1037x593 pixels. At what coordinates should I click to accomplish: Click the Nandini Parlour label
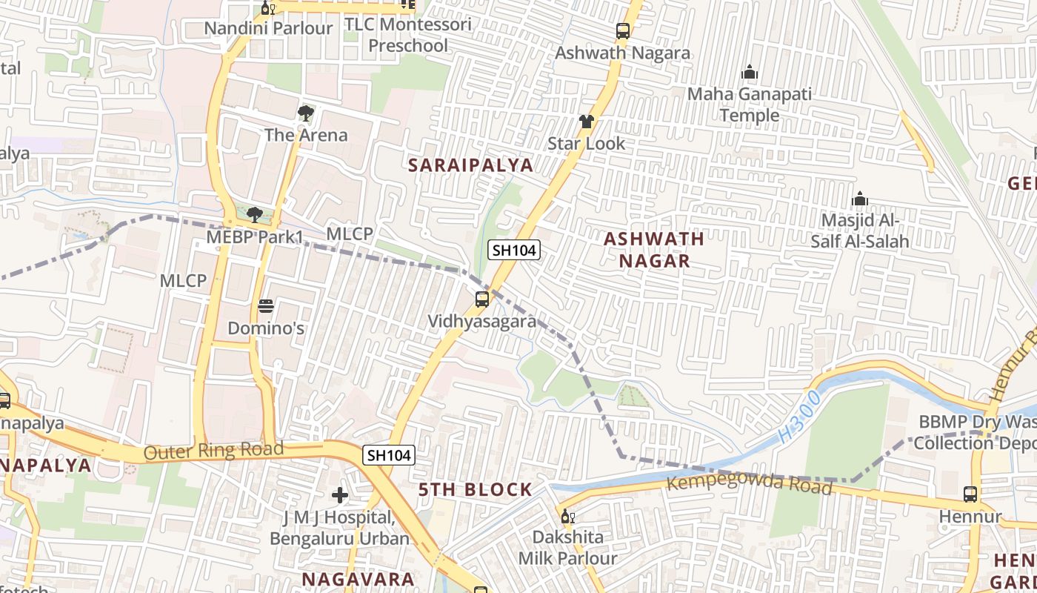point(268,29)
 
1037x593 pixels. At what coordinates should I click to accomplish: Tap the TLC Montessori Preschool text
point(408,35)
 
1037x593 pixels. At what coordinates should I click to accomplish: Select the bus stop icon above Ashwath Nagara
point(623,31)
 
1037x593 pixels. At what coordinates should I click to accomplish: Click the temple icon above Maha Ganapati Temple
point(750,73)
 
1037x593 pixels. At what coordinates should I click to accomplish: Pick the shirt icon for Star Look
point(587,122)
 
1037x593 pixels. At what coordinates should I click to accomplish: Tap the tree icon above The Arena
point(305,113)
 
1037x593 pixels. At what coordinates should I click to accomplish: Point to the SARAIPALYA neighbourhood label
point(471,165)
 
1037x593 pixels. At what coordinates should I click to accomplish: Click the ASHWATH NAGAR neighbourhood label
point(654,250)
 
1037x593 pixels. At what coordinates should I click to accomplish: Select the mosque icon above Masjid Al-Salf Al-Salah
point(860,199)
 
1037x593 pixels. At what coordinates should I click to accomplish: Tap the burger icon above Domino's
point(266,306)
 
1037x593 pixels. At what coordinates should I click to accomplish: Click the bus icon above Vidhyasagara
point(482,299)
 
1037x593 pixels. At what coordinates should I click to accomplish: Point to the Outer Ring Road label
point(213,451)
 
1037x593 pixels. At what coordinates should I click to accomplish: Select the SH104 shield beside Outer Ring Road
point(389,455)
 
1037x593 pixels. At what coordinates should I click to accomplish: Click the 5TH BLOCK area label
point(476,489)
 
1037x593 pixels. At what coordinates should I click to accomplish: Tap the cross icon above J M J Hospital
point(340,494)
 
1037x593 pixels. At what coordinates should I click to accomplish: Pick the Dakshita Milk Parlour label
point(567,547)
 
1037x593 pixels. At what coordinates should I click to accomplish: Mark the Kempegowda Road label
point(750,485)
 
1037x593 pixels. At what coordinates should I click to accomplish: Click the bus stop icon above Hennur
point(970,494)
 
